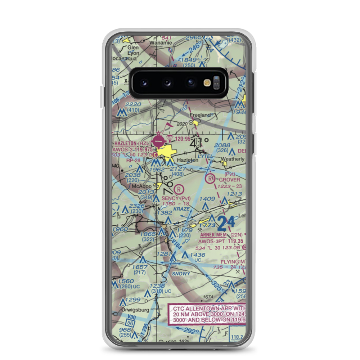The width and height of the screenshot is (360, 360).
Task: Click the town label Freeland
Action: point(200,115)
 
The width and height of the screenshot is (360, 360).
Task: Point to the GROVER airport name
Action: point(229,179)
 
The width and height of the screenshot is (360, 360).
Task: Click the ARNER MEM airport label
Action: point(212,235)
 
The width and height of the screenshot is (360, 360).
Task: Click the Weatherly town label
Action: point(232,159)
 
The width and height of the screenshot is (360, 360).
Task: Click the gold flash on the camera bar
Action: point(207,83)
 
